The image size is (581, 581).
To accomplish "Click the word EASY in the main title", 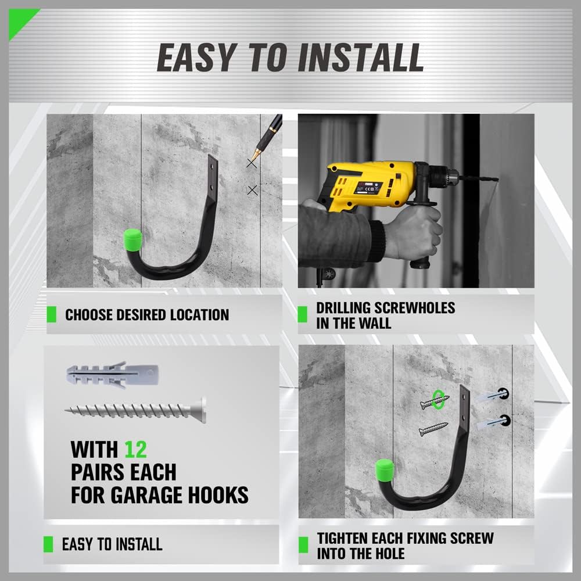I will (x=195, y=58).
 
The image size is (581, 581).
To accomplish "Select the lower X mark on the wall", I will (x=252, y=190).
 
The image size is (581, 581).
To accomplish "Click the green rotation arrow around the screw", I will (x=439, y=401).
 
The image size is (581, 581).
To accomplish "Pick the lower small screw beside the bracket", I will (x=433, y=430).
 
